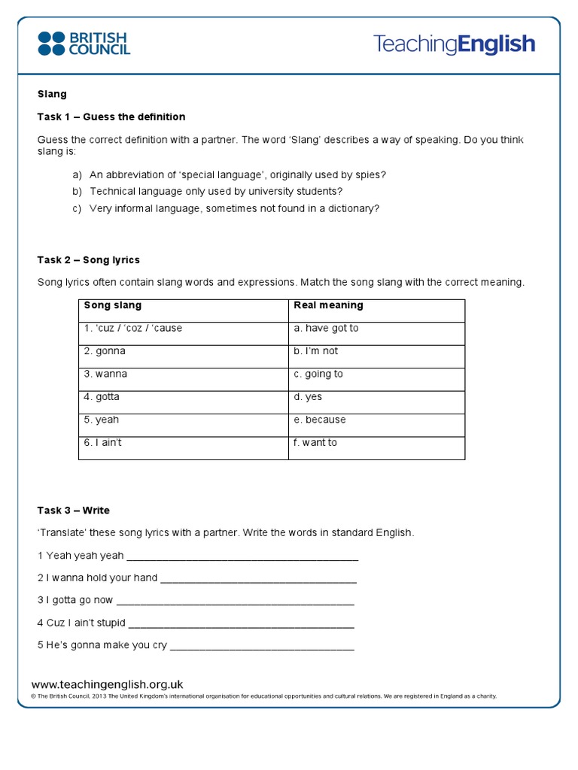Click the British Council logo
[84, 44]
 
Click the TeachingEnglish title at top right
[454, 44]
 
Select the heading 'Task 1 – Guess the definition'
[111, 117]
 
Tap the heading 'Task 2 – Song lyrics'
[88, 260]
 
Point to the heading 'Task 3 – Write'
[73, 511]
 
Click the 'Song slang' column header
[112, 305]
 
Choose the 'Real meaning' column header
[328, 305]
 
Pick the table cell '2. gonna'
[105, 351]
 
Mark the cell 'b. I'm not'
[316, 351]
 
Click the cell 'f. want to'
[315, 443]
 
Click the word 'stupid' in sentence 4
[108, 623]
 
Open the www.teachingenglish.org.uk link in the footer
[108, 684]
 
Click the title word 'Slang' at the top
[52, 94]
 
